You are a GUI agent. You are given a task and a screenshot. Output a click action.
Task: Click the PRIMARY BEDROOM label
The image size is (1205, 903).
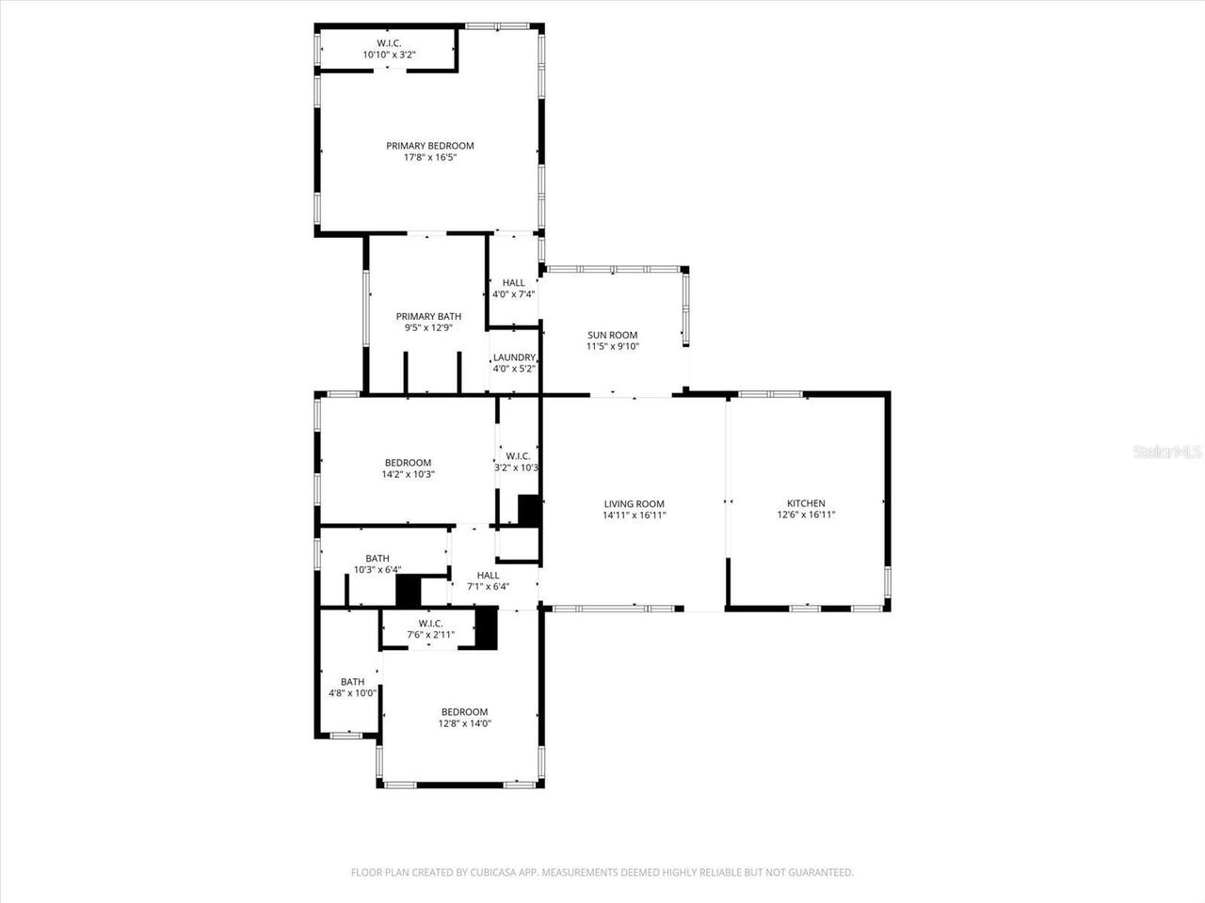(x=430, y=146)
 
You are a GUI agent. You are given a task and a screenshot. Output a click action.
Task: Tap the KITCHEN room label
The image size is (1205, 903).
(x=806, y=503)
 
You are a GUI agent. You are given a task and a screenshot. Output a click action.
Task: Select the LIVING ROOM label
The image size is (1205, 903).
(x=635, y=504)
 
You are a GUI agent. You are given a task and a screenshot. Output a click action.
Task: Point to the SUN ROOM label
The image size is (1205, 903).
(x=612, y=335)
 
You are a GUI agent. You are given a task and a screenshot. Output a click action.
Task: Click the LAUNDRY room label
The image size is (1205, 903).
(x=514, y=357)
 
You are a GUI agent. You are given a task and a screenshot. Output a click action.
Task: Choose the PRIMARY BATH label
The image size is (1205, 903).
(x=428, y=316)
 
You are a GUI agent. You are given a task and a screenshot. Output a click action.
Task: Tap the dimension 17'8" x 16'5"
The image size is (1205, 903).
(x=430, y=158)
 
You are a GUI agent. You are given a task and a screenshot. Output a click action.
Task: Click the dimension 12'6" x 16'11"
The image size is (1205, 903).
(x=806, y=515)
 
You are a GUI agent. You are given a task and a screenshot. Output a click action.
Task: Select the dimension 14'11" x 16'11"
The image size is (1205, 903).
(x=635, y=515)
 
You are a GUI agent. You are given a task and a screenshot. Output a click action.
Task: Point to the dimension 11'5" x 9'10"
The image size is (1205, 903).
(x=612, y=346)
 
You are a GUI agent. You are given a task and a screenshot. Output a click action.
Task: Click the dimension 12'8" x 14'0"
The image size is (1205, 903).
(x=465, y=723)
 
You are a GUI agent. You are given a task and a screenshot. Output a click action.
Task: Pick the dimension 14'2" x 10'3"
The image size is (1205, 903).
(x=408, y=474)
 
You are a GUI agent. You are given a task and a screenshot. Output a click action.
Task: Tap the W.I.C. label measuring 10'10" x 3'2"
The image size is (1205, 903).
(x=389, y=43)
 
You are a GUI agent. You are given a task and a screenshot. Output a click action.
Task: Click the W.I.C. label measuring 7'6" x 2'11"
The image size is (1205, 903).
(x=430, y=623)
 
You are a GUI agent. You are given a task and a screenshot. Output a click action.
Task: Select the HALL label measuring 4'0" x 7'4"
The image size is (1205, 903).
(x=514, y=282)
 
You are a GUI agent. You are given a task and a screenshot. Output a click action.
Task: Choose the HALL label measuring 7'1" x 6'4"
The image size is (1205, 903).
(x=488, y=575)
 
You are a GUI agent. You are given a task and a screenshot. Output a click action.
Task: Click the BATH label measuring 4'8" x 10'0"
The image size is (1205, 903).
(x=352, y=682)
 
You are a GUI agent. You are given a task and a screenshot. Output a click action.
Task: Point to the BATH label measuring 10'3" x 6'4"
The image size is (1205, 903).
(x=378, y=558)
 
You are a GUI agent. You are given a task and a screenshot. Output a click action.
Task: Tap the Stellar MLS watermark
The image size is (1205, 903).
(x=1167, y=452)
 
